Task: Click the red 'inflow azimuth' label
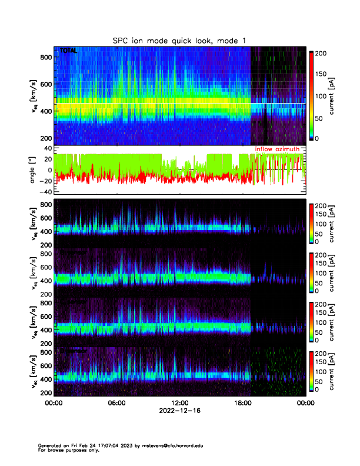coord(277,149)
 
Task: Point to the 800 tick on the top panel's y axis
coord(44,56)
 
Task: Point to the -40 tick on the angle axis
coord(43,192)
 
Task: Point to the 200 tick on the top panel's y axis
coord(44,138)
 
